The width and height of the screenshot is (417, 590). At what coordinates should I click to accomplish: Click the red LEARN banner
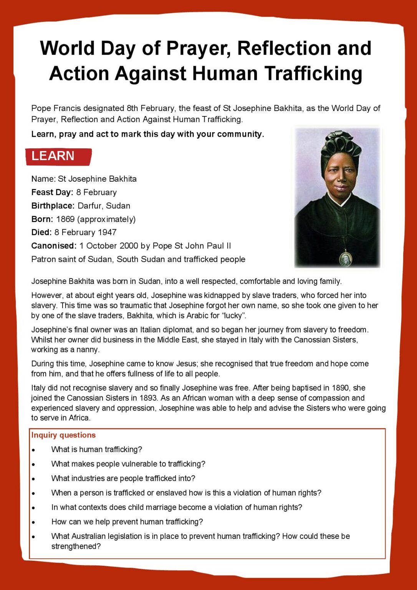click(x=58, y=156)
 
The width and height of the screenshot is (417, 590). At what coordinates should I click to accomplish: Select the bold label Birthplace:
click(x=53, y=206)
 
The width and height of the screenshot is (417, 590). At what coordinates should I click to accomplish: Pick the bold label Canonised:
click(x=54, y=246)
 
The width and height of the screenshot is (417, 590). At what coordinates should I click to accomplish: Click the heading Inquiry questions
click(x=63, y=435)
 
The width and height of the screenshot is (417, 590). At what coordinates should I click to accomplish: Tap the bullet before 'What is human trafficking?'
click(x=34, y=450)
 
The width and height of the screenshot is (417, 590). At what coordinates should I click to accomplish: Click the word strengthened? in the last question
click(x=76, y=546)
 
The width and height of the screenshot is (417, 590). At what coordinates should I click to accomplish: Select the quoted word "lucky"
click(x=234, y=315)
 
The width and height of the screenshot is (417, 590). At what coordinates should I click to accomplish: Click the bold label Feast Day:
click(x=52, y=192)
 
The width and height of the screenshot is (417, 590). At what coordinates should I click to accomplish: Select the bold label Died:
click(x=41, y=232)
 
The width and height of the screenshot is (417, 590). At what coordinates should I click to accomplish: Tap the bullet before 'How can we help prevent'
click(x=34, y=522)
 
